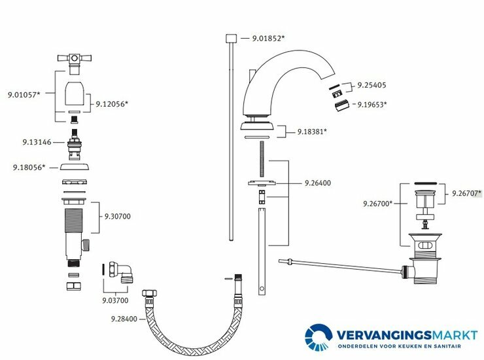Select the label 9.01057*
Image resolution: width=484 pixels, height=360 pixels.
tap(24, 95)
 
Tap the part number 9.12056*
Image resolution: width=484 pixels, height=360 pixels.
tap(112, 103)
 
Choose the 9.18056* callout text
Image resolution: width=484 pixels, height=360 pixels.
tap(29, 168)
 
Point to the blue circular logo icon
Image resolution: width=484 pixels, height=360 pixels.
tap(320, 337)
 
